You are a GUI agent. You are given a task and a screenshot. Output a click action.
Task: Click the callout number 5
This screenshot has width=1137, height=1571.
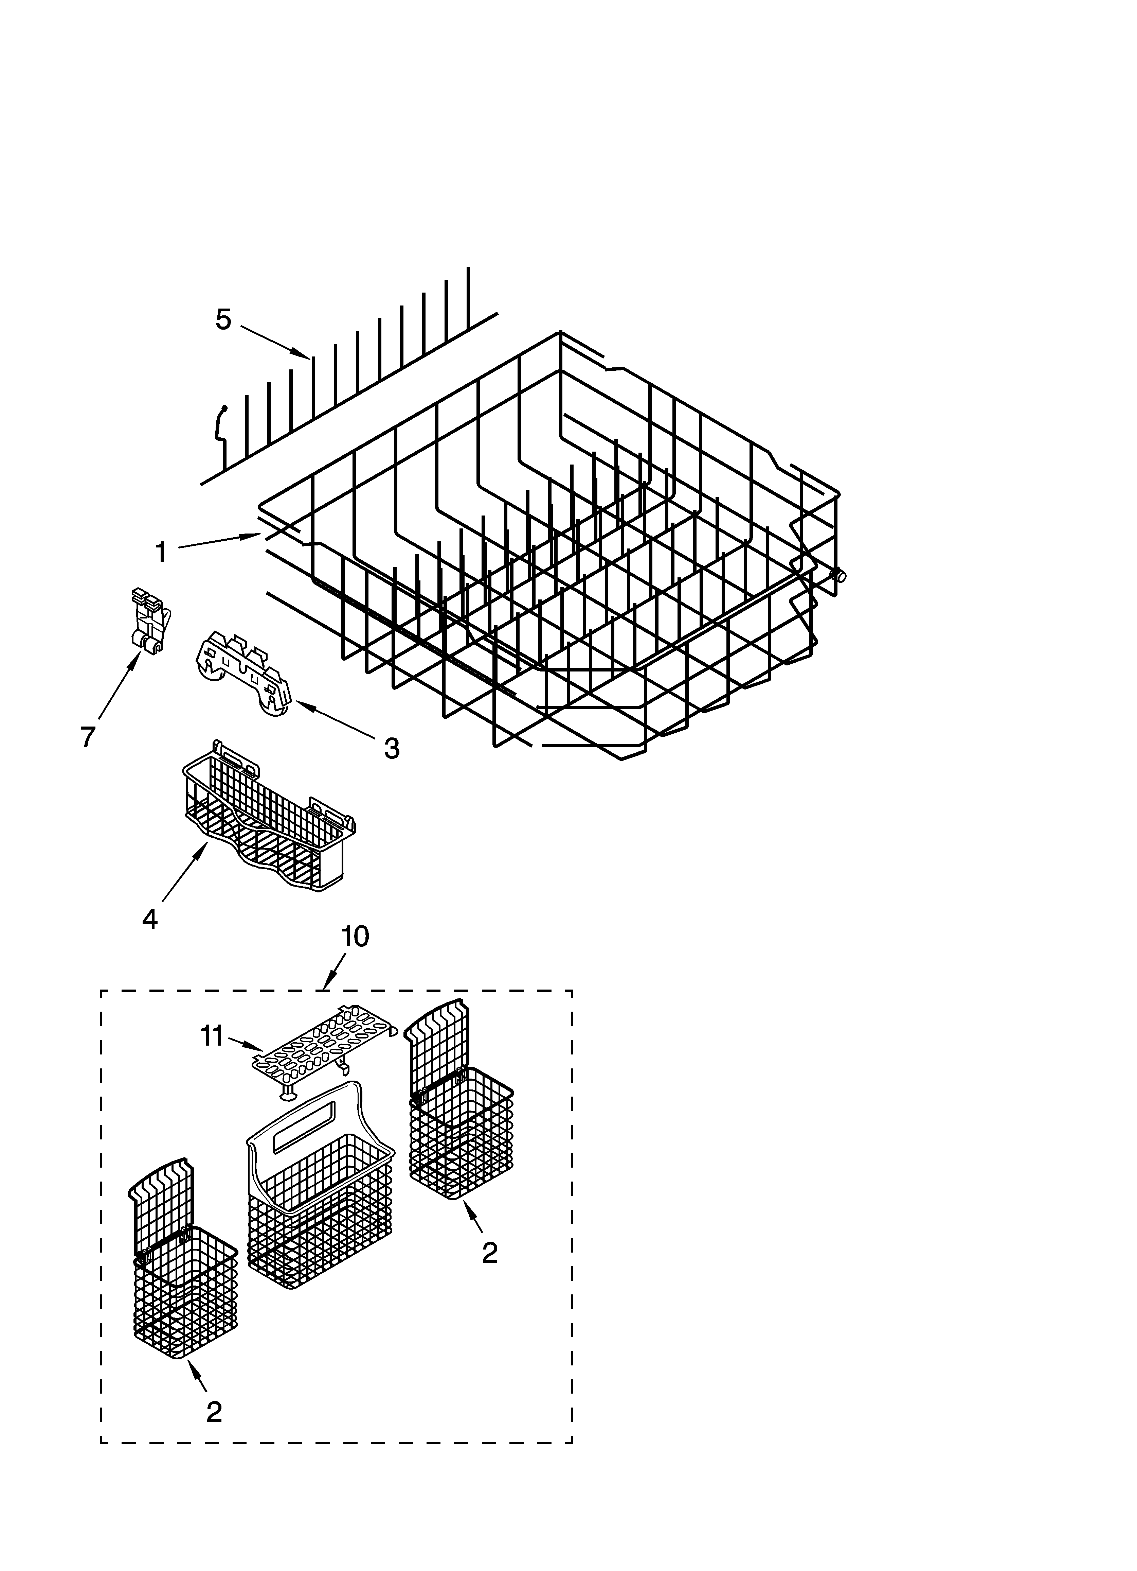(x=223, y=320)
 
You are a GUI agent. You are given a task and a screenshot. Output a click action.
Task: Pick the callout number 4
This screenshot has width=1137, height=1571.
(x=149, y=919)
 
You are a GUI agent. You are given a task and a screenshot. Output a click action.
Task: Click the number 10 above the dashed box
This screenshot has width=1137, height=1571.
(x=355, y=937)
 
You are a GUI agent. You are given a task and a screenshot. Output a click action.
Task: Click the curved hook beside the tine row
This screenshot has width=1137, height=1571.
(x=221, y=424)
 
